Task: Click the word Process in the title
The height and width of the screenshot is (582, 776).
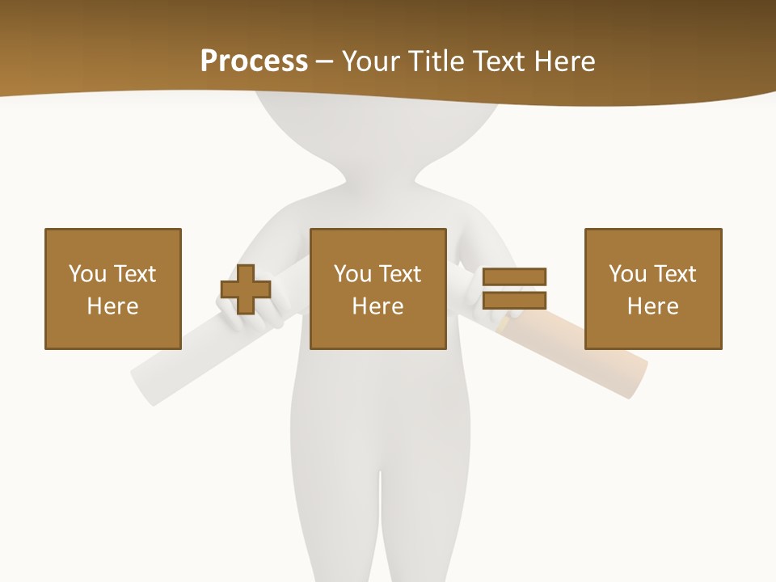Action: tap(254, 61)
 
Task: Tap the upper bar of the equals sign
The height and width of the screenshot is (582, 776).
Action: tap(514, 277)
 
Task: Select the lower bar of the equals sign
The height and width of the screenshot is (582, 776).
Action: tap(514, 301)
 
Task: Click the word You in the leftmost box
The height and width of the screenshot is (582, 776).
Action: tap(87, 274)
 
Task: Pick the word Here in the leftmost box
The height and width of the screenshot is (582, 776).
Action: tap(112, 306)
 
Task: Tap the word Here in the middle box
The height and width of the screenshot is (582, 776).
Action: tap(377, 306)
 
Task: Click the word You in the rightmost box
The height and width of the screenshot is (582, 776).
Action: tap(627, 274)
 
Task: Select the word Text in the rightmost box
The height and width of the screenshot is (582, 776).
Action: tap(673, 274)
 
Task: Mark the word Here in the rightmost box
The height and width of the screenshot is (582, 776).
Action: tap(652, 306)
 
